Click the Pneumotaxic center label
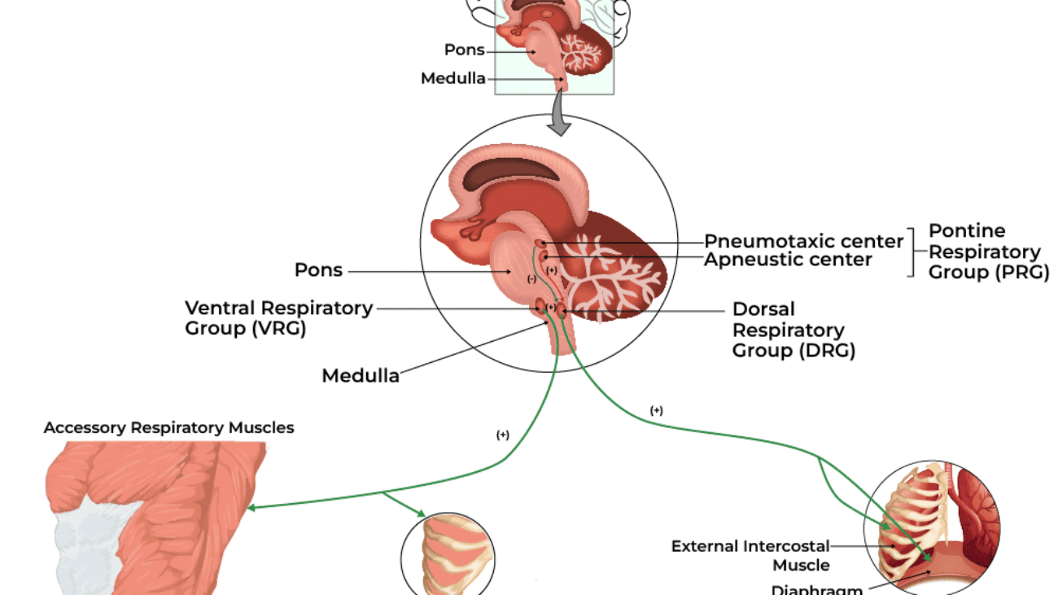pyautogui.click(x=803, y=242)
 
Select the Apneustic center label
pyautogui.click(x=787, y=260)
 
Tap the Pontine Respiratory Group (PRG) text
pyautogui.click(x=988, y=252)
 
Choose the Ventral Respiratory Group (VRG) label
pyautogui.click(x=278, y=318)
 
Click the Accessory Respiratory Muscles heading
pyautogui.click(x=169, y=427)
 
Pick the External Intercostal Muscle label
pyautogui.click(x=750, y=555)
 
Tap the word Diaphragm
pyautogui.click(x=816, y=589)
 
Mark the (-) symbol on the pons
pyautogui.click(x=531, y=279)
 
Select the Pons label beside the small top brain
pyautogui.click(x=464, y=50)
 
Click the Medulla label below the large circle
pyautogui.click(x=361, y=376)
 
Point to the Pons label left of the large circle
pyautogui.click(x=318, y=270)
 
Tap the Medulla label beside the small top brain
pyautogui.click(x=452, y=79)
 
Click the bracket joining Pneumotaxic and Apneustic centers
pyautogui.click(x=913, y=252)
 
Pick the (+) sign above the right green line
pyautogui.click(x=657, y=411)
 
